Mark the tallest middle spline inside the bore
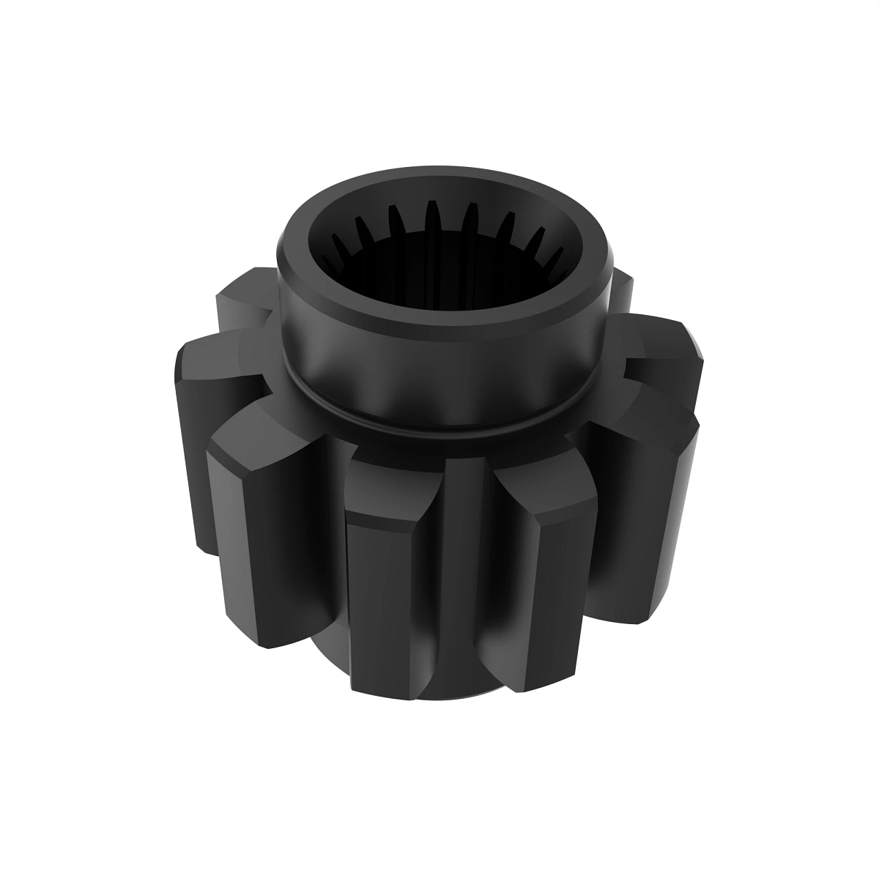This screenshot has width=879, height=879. pos(432,220)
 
